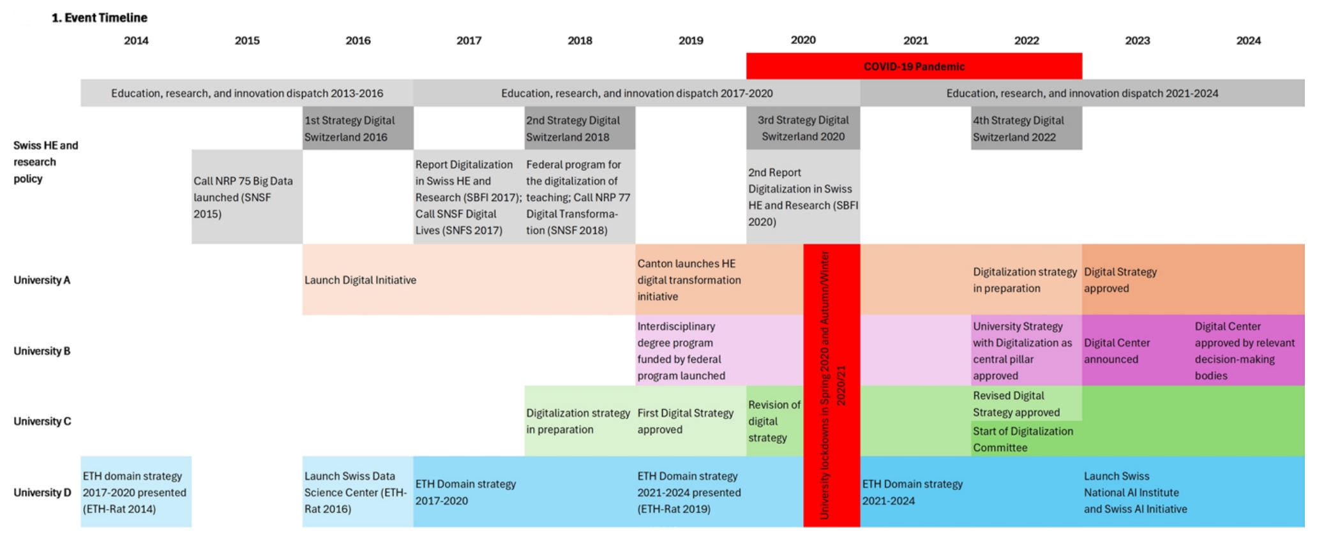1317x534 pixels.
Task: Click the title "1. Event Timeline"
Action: point(100,18)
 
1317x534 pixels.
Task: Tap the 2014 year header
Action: point(136,41)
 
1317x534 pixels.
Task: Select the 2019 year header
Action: point(691,41)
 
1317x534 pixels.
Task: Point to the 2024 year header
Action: point(1248,41)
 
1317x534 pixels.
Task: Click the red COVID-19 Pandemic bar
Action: point(914,66)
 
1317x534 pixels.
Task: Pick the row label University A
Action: point(42,280)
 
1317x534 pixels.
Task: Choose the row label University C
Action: point(42,421)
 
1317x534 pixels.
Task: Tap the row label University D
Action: point(42,493)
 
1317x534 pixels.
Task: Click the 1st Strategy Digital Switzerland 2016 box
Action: point(357,128)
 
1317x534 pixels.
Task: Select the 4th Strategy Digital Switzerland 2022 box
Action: point(1026,128)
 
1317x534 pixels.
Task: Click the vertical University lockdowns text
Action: point(831,385)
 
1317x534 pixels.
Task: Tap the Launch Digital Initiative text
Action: point(360,280)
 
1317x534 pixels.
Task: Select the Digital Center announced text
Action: point(1117,351)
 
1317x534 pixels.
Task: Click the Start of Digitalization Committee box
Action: point(1023,439)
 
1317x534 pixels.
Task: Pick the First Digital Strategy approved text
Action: point(685,421)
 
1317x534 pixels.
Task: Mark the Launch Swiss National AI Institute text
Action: point(1135,493)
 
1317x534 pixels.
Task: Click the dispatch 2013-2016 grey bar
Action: point(247,93)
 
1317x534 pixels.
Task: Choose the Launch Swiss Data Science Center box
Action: point(356,493)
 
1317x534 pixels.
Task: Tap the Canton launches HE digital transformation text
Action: point(689,280)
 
